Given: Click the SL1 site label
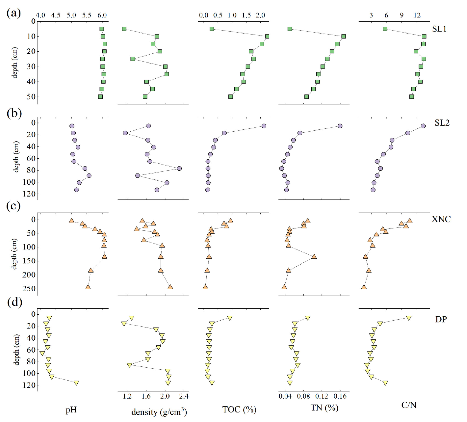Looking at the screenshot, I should coord(439,29).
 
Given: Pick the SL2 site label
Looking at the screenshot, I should coord(442,123).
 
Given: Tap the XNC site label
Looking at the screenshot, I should coord(441,219).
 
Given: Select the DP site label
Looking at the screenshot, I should coord(441,319).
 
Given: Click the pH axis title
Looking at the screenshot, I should coord(71,410).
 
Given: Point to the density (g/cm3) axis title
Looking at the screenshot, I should coord(159,412).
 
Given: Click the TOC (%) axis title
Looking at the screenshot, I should coord(239,409).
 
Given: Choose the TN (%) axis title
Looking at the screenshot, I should coord(324,408).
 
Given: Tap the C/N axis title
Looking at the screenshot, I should coord(409,405).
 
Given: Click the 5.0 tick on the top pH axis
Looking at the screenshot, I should coord(71,15).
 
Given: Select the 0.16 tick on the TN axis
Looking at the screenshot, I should coord(340,396).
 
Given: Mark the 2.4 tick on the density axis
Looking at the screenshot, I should coord(184,396).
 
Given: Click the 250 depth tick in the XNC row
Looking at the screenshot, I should coord(30,289).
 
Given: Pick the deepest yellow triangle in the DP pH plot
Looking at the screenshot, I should coord(76,383).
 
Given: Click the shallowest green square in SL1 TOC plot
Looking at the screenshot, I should coord(212,29).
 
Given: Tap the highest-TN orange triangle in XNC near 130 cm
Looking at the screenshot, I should coord(314,256).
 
